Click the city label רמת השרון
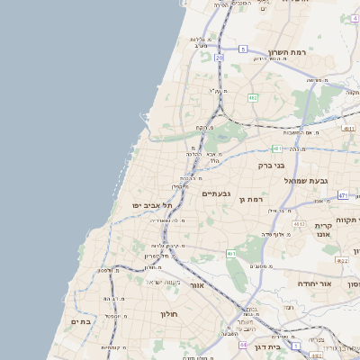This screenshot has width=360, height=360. [288, 52]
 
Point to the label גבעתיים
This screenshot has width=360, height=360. [218, 193]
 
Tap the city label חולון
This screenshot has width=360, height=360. [171, 314]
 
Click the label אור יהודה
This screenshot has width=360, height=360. [314, 283]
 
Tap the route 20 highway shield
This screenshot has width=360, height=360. [219, 57]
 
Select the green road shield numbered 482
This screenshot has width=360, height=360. [254, 97]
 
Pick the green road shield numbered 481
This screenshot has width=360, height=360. [276, 148]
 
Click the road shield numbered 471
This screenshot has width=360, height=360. [343, 194]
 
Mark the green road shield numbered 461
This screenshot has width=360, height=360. [231, 254]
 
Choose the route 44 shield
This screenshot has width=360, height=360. [243, 345]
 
